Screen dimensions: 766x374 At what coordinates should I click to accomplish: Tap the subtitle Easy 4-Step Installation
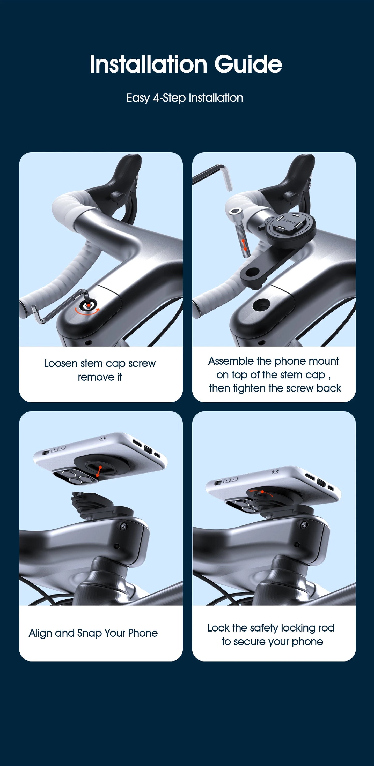coord(185,98)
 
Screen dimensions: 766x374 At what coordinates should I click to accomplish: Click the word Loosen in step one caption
coord(61,363)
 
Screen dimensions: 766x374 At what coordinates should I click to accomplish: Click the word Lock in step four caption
coord(218,628)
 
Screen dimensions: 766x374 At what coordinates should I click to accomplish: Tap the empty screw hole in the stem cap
coord(261,305)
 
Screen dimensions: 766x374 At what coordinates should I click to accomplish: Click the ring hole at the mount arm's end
coord(252,272)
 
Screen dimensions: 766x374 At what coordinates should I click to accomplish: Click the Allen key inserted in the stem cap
coord(60,309)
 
